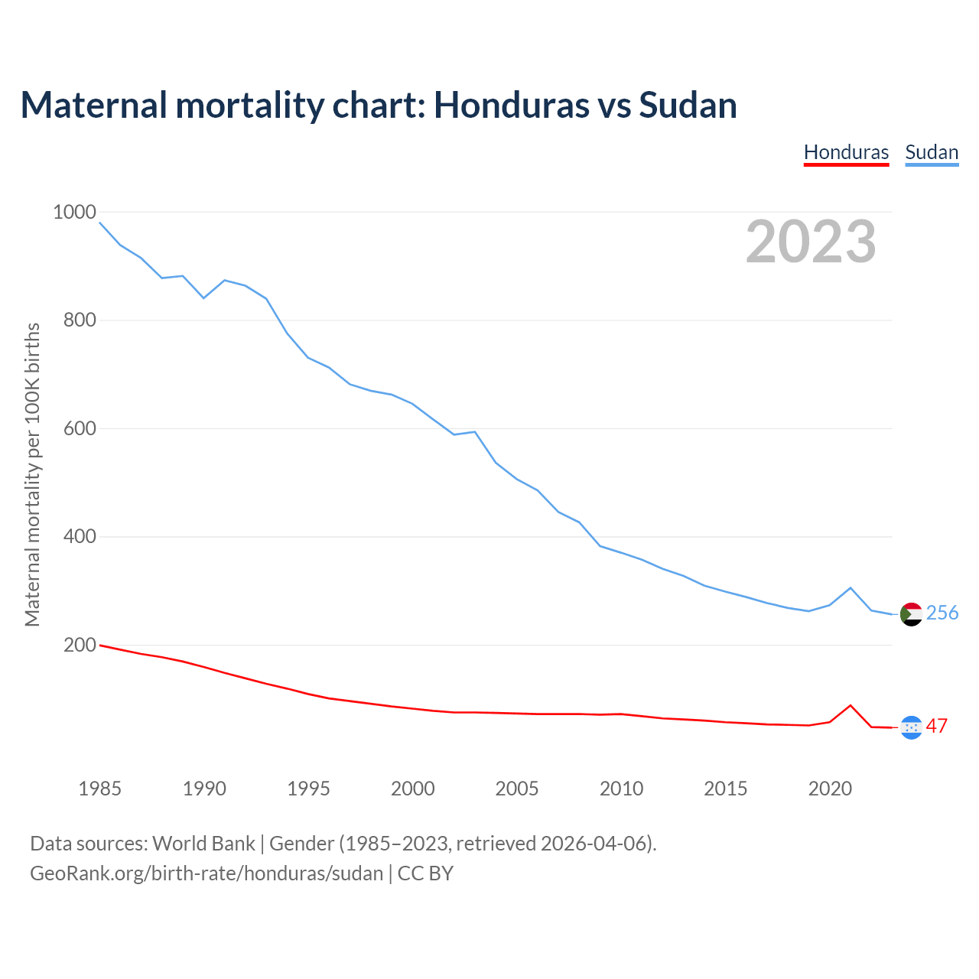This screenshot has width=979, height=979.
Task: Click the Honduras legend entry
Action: coord(846,152)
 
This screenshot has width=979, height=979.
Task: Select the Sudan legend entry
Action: coord(932,152)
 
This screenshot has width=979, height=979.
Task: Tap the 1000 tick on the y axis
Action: coord(74,212)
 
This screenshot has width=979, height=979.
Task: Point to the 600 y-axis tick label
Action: coord(80,428)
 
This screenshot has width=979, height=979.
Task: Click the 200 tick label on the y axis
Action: coord(80,645)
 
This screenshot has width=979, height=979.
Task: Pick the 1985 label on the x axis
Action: coord(99,789)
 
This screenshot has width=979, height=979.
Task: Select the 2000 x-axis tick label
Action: coord(412,789)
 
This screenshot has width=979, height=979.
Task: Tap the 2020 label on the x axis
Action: coord(830,789)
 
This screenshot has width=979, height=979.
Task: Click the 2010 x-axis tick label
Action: coord(621,789)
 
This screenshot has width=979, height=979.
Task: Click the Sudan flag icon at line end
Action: coord(911,613)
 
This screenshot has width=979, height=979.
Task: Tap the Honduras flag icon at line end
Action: coord(911,727)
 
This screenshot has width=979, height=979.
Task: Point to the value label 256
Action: coord(942,613)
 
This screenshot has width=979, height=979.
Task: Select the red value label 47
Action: coord(937,726)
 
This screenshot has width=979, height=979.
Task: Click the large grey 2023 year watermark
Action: coord(811,242)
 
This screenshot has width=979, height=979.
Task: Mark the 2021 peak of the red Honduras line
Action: coord(851,705)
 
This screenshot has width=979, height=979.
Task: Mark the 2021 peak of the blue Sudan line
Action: coord(851,587)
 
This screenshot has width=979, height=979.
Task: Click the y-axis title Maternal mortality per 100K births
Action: coord(32,474)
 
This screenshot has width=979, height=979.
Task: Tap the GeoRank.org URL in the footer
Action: coord(207,873)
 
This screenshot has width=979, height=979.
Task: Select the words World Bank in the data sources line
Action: coord(203,844)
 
